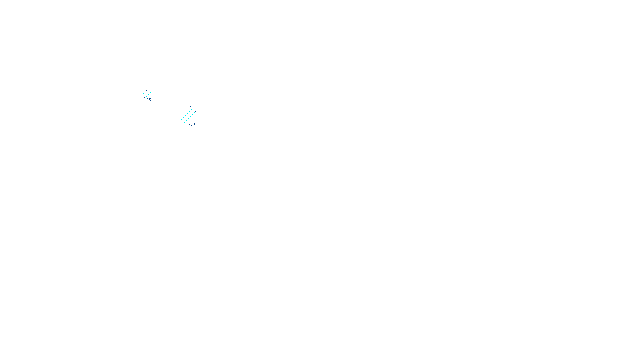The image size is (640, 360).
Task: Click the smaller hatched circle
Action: click(x=147, y=95)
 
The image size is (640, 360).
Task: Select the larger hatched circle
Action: click(x=189, y=116)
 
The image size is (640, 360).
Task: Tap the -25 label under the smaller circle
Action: click(x=148, y=100)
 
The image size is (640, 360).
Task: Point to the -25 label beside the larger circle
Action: click(x=192, y=125)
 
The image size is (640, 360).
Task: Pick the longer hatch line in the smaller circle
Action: click(x=148, y=96)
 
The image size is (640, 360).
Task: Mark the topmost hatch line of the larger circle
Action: click(x=184, y=110)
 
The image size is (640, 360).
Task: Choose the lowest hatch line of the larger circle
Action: click(x=194, y=121)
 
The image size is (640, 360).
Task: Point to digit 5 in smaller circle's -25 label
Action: click(x=150, y=100)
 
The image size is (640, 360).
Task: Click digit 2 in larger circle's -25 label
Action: click(x=192, y=125)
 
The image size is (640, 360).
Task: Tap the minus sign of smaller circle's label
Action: click(x=145, y=100)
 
